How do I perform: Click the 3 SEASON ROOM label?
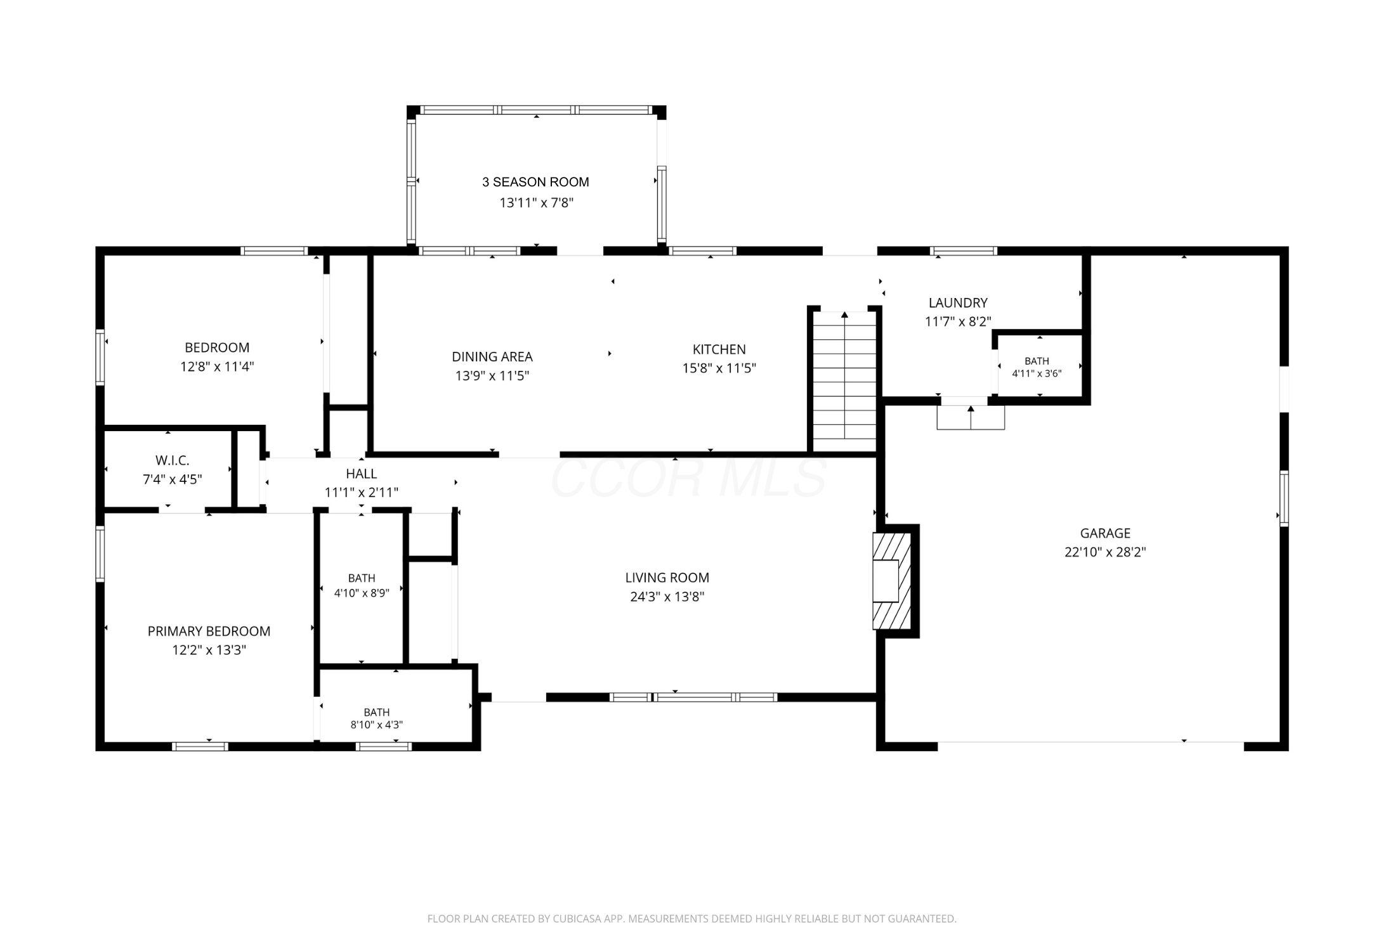tap(535, 182)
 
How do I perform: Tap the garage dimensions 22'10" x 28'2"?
tap(1105, 552)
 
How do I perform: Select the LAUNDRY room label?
tap(958, 303)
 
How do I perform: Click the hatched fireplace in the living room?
tap(892, 581)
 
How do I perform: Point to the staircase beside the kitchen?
tap(844, 382)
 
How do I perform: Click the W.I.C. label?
tap(172, 461)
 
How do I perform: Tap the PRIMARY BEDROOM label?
tap(209, 631)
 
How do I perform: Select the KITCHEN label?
tap(719, 349)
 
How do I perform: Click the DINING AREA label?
tap(492, 357)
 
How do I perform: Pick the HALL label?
tap(361, 474)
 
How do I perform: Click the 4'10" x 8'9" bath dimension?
tap(361, 593)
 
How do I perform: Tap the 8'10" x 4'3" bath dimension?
tap(376, 725)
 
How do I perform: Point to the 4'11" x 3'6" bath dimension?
tap(1037, 373)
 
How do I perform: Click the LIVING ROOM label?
tap(667, 578)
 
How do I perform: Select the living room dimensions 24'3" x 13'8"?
tap(667, 597)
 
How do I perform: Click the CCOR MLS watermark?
tap(688, 477)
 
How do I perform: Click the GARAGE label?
tap(1105, 533)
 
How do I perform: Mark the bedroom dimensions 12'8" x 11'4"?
tap(217, 366)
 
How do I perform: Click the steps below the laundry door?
tap(971, 417)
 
